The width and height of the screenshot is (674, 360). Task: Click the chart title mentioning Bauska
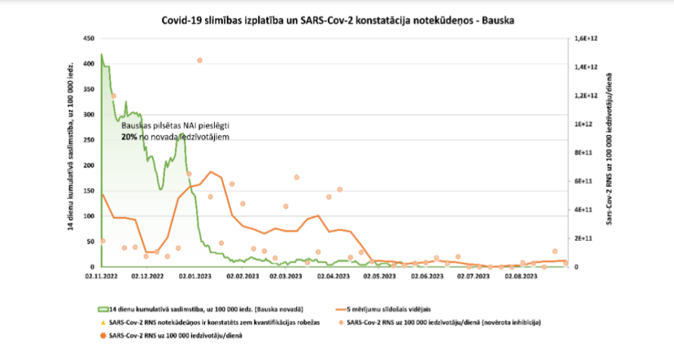337,20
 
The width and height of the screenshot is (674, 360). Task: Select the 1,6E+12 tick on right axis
587,39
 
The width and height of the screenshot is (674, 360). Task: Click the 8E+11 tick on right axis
587,153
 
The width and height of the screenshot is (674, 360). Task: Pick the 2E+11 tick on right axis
587,238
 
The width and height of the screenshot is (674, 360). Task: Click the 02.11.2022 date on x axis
101,277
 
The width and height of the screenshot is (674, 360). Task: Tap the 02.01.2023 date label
194,277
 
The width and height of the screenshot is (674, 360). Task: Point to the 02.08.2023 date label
520,277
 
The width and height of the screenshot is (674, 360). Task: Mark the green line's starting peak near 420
102,55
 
